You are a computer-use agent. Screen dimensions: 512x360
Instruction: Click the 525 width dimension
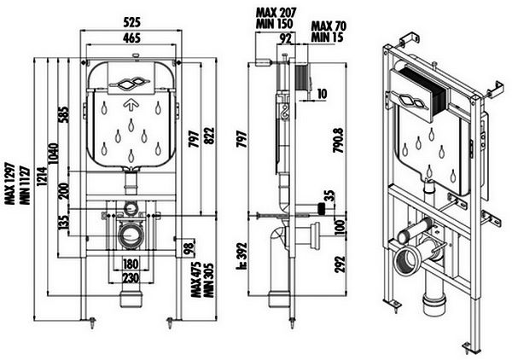click(132, 22)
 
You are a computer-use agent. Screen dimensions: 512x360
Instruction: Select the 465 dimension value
click(132, 38)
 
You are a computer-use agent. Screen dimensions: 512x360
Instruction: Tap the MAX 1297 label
click(12, 183)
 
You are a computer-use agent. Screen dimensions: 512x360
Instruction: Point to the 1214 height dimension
click(42, 177)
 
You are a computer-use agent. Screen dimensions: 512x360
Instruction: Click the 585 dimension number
click(64, 114)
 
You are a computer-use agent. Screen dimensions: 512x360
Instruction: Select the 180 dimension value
click(131, 264)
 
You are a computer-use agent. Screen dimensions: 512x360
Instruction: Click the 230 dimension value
click(131, 278)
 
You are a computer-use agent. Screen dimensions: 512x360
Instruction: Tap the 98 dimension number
click(188, 248)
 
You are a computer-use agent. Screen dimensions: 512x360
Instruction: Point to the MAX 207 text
click(276, 13)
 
